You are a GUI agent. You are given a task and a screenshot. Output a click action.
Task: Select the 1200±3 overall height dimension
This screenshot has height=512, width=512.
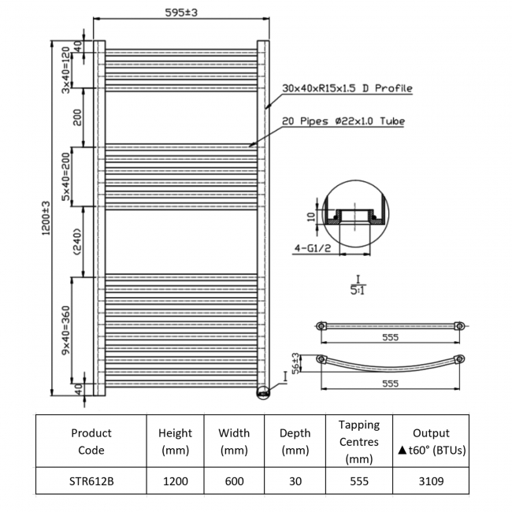pyautogui.click(x=46, y=216)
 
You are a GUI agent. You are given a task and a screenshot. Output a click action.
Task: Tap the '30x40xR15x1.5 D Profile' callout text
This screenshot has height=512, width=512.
pyautogui.click(x=347, y=88)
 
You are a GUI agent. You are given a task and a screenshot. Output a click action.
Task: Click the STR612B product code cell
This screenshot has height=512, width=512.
pyautogui.click(x=91, y=480)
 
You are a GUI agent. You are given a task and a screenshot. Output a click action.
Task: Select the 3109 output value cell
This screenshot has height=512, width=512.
pyautogui.click(x=431, y=480)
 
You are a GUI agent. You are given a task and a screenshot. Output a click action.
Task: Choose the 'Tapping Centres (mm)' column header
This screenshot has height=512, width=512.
pyautogui.click(x=358, y=441)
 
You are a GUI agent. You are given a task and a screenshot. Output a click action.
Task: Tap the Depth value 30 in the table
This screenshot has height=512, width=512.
pyautogui.click(x=295, y=480)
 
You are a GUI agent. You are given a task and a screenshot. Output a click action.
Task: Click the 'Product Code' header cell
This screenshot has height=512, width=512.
pyautogui.click(x=91, y=441)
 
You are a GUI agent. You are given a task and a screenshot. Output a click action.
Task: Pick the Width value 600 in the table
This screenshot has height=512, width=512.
pyautogui.click(x=234, y=480)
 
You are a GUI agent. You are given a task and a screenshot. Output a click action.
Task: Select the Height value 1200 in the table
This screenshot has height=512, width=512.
pyautogui.click(x=175, y=480)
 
